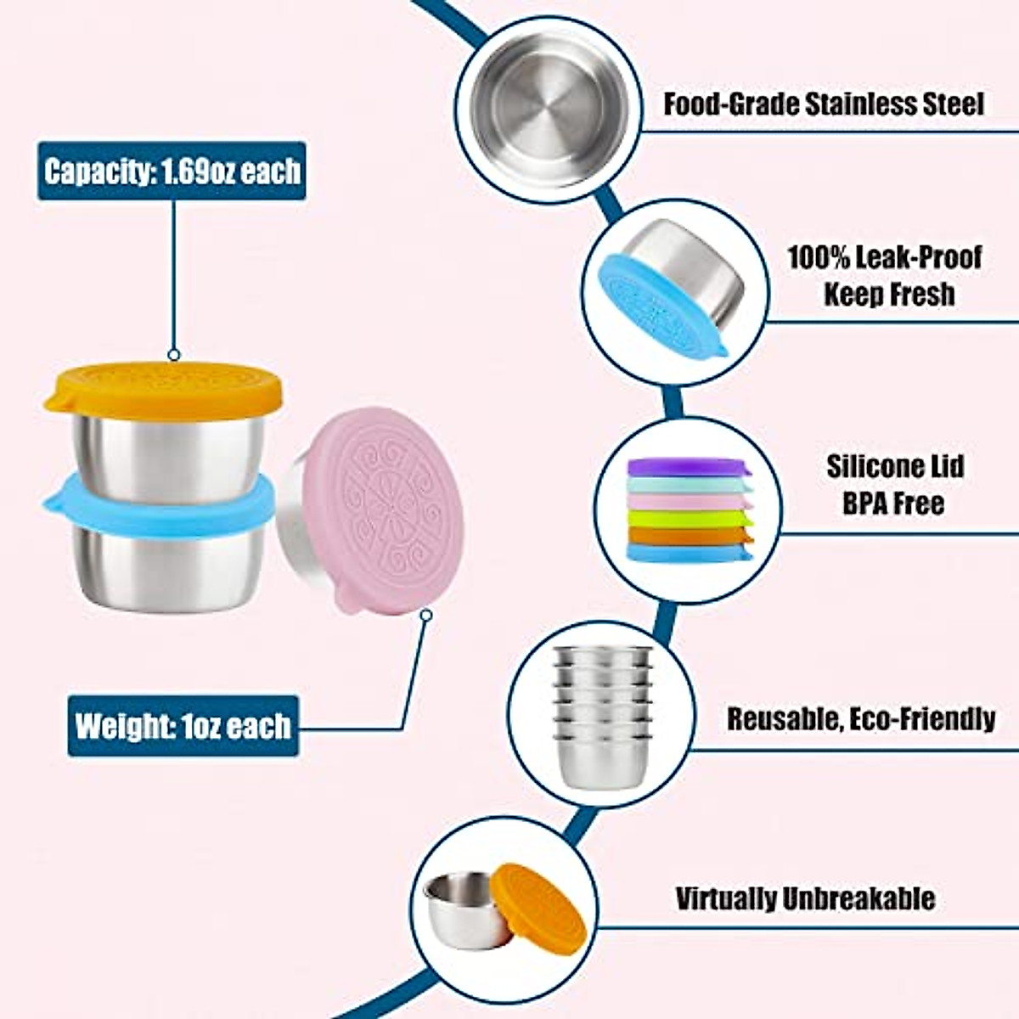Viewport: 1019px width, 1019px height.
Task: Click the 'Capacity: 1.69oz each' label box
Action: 172,171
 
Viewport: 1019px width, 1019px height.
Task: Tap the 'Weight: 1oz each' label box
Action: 183,726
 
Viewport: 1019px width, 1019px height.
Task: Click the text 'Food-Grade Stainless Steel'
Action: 823,104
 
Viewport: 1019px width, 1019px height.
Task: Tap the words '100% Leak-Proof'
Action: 884,256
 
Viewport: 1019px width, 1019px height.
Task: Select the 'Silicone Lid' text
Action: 894,466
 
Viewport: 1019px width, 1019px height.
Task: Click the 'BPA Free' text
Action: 893,503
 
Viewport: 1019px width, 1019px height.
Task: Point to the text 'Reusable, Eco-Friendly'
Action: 860,719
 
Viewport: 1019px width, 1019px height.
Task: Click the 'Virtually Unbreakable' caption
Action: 805,898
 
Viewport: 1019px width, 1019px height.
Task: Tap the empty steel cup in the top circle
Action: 548,119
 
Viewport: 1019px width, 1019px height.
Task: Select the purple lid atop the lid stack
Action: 688,466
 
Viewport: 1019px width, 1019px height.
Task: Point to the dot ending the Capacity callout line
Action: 174,355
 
